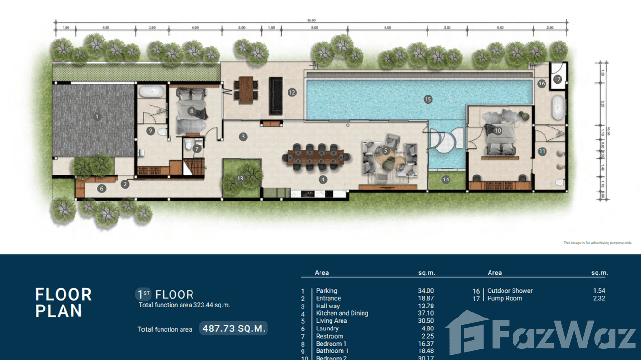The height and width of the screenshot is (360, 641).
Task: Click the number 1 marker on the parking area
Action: tap(96, 116)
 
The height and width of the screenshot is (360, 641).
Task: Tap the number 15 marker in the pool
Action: tap(427, 99)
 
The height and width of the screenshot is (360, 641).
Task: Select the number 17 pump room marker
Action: tap(557, 80)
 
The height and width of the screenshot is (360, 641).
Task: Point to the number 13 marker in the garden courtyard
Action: tap(240, 179)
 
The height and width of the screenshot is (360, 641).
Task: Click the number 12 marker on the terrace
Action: tap(292, 92)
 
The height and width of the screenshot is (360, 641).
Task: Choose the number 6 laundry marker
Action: tap(101, 189)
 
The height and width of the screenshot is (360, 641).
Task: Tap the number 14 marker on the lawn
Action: tap(446, 180)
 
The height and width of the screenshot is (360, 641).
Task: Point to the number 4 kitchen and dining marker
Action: tap(323, 180)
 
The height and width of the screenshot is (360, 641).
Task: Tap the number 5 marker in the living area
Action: tap(385, 151)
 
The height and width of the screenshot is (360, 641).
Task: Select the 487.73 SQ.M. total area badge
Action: tap(233, 328)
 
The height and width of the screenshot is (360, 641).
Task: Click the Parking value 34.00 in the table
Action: tap(426, 291)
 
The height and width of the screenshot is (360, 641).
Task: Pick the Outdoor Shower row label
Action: tap(510, 291)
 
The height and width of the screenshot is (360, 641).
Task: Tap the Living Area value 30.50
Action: tap(426, 321)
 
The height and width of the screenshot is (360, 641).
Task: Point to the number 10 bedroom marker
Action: tap(498, 130)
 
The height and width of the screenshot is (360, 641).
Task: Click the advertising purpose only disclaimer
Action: tap(598, 243)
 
